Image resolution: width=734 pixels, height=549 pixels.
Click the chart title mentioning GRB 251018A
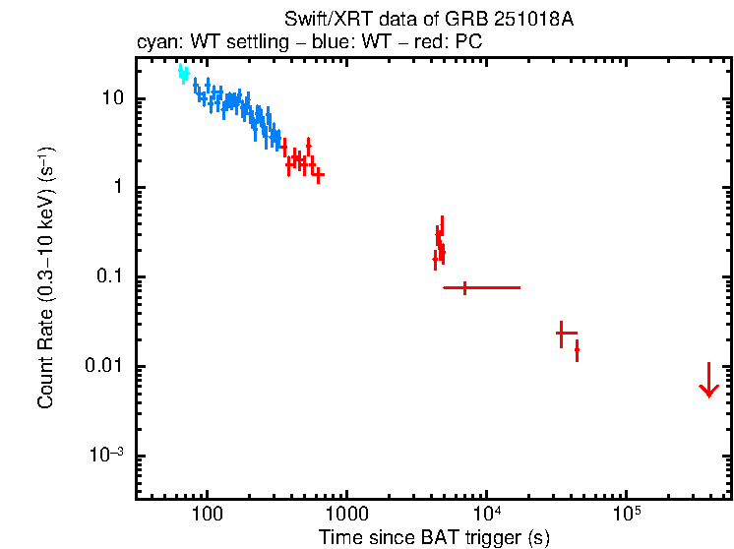pos(428,20)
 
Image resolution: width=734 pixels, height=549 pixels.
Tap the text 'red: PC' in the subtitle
pos(452,43)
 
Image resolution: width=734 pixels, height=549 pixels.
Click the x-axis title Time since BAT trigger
pos(433,537)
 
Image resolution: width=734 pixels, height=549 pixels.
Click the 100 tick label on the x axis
pos(207,515)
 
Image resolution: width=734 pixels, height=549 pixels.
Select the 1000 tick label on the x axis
pos(346,515)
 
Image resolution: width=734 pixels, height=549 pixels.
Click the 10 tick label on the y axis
pos(111,99)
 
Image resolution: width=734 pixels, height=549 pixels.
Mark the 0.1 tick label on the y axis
pos(108,277)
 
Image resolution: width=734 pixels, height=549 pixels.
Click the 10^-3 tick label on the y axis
pos(107,455)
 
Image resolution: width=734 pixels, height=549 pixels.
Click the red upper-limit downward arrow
pos(708,382)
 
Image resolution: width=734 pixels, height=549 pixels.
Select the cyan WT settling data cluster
pos(183,73)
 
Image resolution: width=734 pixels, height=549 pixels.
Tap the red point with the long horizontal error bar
pos(465,287)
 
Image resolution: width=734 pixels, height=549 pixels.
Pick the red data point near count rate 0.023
pos(561,334)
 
